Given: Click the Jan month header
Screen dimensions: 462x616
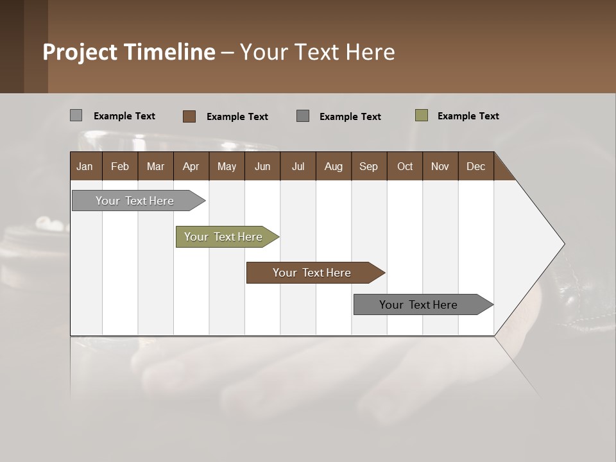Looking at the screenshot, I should (x=85, y=166).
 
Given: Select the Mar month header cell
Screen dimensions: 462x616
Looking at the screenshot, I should (x=155, y=166).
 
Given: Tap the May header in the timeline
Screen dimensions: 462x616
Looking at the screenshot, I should (x=227, y=166).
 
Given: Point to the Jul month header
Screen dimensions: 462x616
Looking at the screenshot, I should (x=298, y=166).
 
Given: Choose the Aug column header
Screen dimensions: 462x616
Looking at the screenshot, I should (x=333, y=166).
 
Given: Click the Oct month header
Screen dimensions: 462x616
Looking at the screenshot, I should (x=405, y=166).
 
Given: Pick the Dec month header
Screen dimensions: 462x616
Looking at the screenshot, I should (x=475, y=166).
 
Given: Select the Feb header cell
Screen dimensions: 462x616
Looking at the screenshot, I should (x=120, y=166).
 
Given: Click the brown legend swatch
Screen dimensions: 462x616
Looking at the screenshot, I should (x=189, y=116).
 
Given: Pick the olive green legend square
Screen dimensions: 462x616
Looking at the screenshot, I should (x=422, y=116).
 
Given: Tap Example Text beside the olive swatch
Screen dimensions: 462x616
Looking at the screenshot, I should (x=468, y=116).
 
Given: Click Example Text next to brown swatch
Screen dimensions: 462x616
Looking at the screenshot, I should (x=237, y=117).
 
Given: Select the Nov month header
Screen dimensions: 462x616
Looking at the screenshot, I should (x=440, y=166).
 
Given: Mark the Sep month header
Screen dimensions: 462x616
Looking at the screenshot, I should (x=368, y=166).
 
